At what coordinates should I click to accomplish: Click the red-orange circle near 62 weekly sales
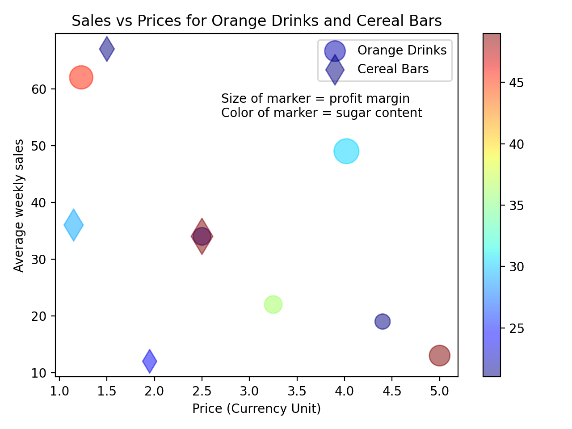(81, 77)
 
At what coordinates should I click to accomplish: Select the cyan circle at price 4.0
(346, 151)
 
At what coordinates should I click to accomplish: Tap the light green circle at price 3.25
(273, 304)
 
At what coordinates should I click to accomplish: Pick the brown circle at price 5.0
(439, 355)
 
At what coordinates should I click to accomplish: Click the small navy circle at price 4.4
(382, 321)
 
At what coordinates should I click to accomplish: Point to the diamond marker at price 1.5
(107, 49)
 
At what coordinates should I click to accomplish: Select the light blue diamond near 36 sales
(74, 225)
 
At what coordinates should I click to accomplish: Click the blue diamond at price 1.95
(150, 361)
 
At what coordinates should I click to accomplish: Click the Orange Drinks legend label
(402, 50)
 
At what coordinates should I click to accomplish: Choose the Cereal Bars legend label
(393, 69)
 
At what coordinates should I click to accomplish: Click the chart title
(257, 21)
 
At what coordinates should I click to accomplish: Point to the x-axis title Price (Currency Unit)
(257, 408)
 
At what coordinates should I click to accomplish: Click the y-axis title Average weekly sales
(19, 205)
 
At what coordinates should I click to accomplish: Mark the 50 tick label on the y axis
(39, 146)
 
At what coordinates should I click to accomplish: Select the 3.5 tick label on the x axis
(297, 391)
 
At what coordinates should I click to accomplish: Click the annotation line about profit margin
(315, 98)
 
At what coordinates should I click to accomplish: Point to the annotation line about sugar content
(321, 113)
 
